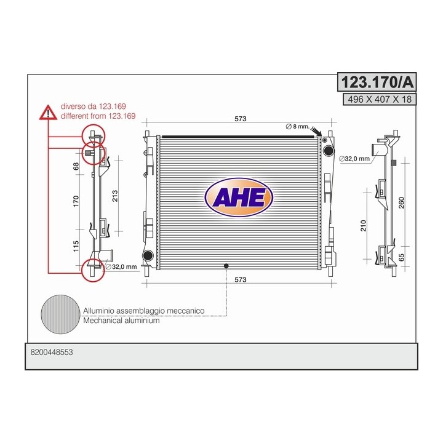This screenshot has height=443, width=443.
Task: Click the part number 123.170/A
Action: [x=377, y=82]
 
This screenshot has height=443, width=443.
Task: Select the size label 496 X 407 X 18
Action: [x=380, y=100]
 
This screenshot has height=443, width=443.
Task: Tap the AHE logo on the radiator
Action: [x=239, y=198]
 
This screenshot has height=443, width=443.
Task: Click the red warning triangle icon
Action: [x=49, y=113]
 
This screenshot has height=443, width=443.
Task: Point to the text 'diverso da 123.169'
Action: [x=94, y=106]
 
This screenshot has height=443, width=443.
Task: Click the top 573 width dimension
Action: [x=241, y=119]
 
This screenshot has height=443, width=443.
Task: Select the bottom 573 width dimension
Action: [x=241, y=279]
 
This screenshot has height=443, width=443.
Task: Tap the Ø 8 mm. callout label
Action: [x=298, y=126]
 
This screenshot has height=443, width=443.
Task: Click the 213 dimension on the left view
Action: [x=114, y=196]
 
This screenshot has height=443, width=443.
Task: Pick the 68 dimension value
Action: [x=76, y=166]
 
